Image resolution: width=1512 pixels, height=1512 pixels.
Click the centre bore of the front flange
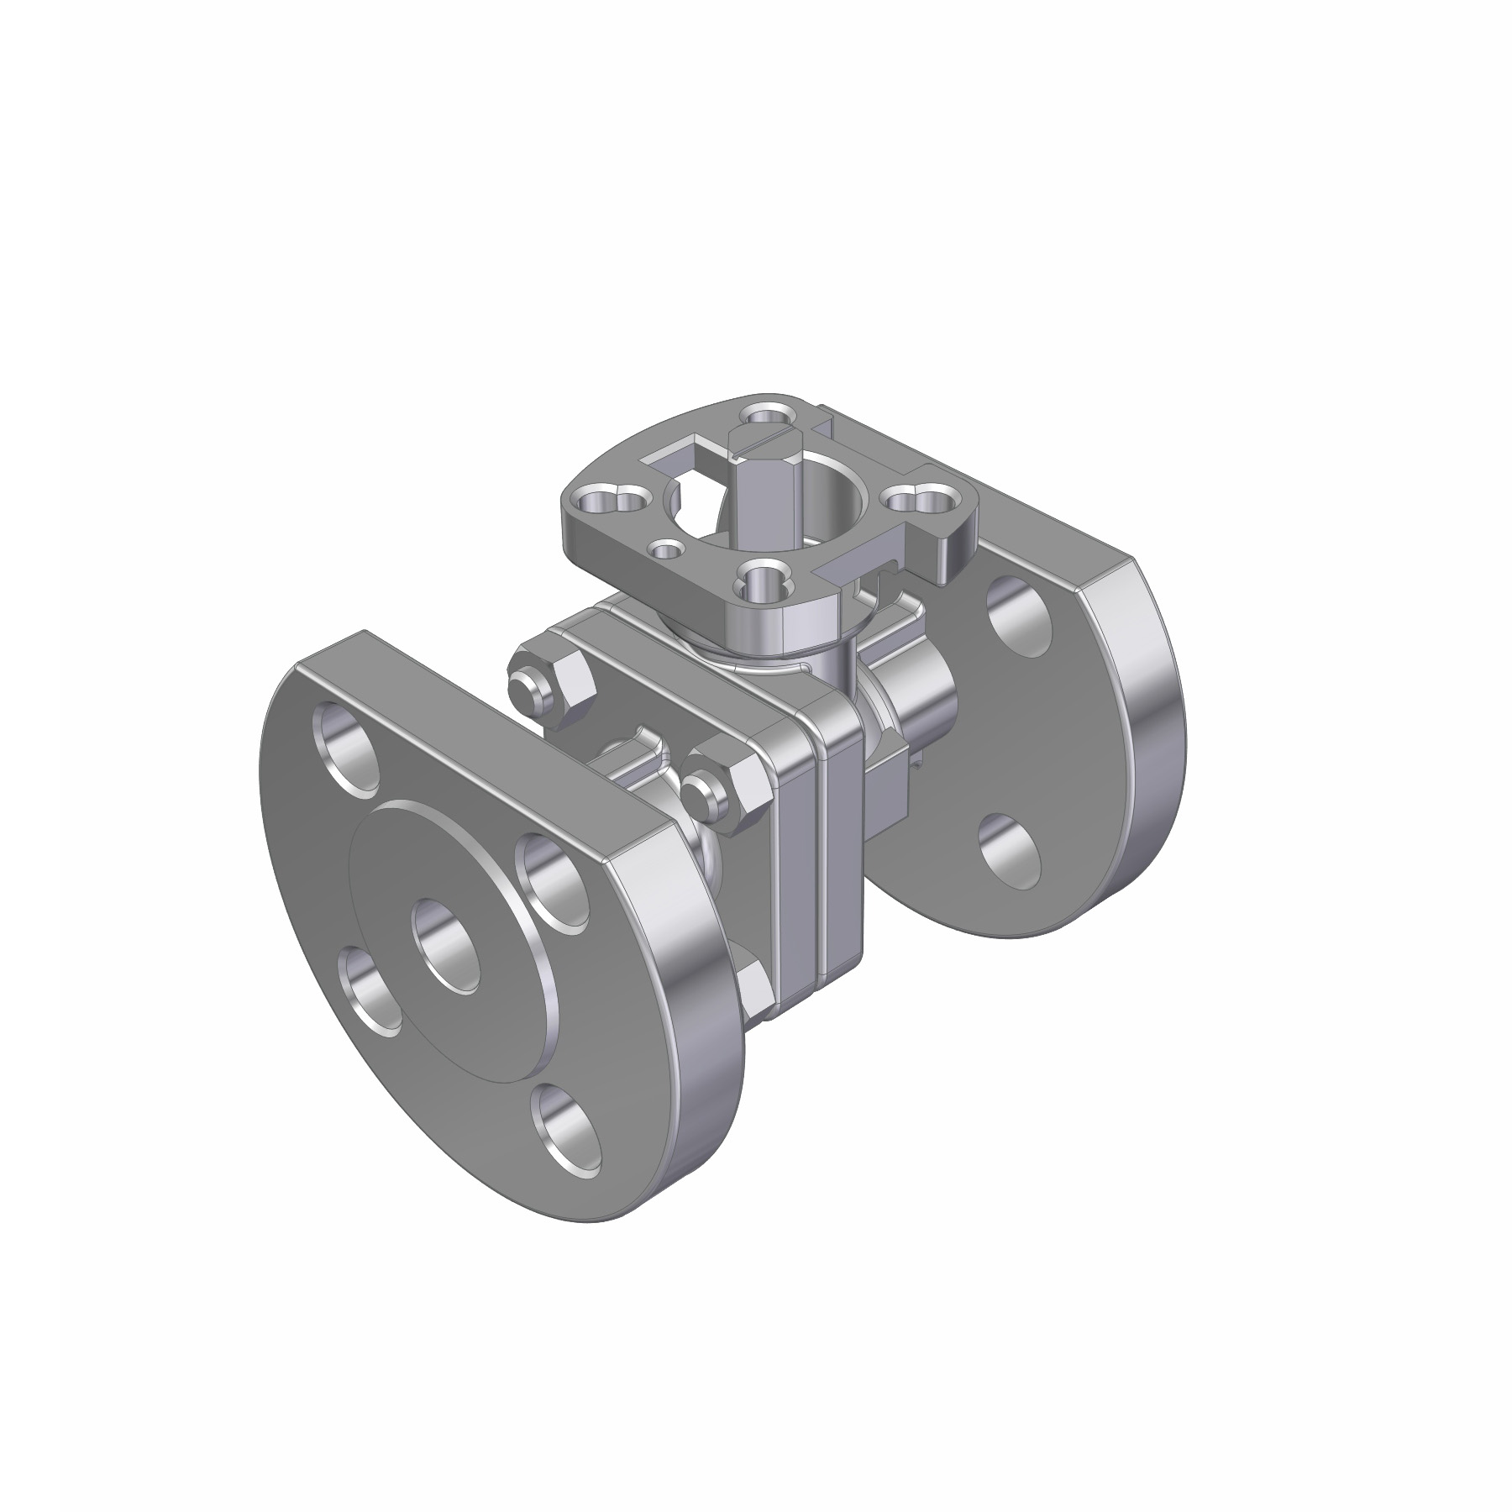pos(446,943)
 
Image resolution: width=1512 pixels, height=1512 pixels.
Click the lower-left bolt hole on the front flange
pos(370,990)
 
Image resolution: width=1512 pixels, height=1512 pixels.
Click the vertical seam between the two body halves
pos(820,848)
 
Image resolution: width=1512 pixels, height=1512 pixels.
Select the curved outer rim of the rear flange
pos(1159,756)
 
